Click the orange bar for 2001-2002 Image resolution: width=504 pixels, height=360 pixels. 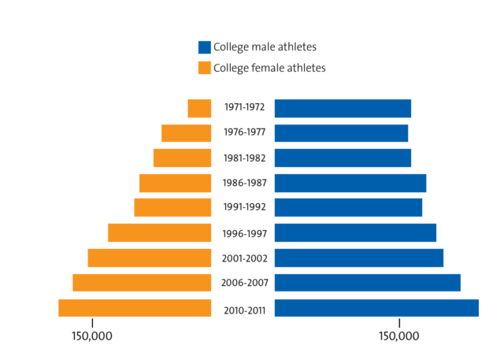(150, 258)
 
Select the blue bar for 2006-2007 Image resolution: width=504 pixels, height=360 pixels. (367, 283)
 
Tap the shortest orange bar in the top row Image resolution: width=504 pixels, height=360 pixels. (199, 108)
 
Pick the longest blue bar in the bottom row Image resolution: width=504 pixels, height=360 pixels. (376, 308)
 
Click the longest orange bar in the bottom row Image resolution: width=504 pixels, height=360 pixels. (135, 308)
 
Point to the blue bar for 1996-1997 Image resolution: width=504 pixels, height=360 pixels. (355, 233)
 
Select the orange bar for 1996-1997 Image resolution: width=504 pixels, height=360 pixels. (159, 233)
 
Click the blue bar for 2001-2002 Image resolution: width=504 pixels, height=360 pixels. (358, 258)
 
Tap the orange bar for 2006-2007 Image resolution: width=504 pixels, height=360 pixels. (142, 283)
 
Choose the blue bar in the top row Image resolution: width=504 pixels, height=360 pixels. (343, 108)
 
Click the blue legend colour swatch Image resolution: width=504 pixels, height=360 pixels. (204, 47)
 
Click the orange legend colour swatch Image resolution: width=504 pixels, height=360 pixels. (204, 68)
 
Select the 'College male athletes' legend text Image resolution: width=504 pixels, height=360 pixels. (265, 47)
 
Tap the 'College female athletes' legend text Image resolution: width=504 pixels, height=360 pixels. (270, 68)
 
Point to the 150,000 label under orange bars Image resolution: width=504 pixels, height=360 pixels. (92, 336)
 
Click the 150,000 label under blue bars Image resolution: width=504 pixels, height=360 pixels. (398, 336)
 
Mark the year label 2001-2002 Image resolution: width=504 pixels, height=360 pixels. (245, 258)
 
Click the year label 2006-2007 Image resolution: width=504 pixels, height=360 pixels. (245, 284)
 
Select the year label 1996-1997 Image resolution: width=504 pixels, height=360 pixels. (245, 233)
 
